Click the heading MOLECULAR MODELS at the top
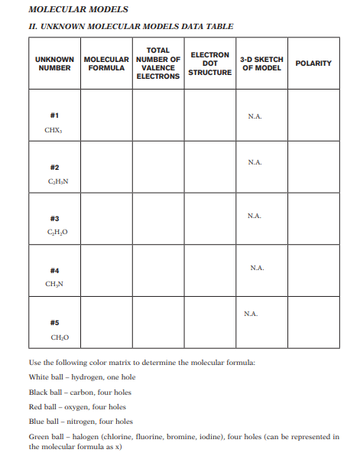tap(67, 9)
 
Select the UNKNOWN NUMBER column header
tap(54, 63)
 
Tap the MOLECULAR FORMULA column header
tap(105, 63)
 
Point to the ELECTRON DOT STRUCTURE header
tap(209, 63)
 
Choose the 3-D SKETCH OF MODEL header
tap(261, 63)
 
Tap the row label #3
tap(54, 218)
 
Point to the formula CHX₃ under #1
tap(54, 130)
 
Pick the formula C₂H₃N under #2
tap(54, 182)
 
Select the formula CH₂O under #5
tap(54, 337)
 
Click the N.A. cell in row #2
tap(255, 162)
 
